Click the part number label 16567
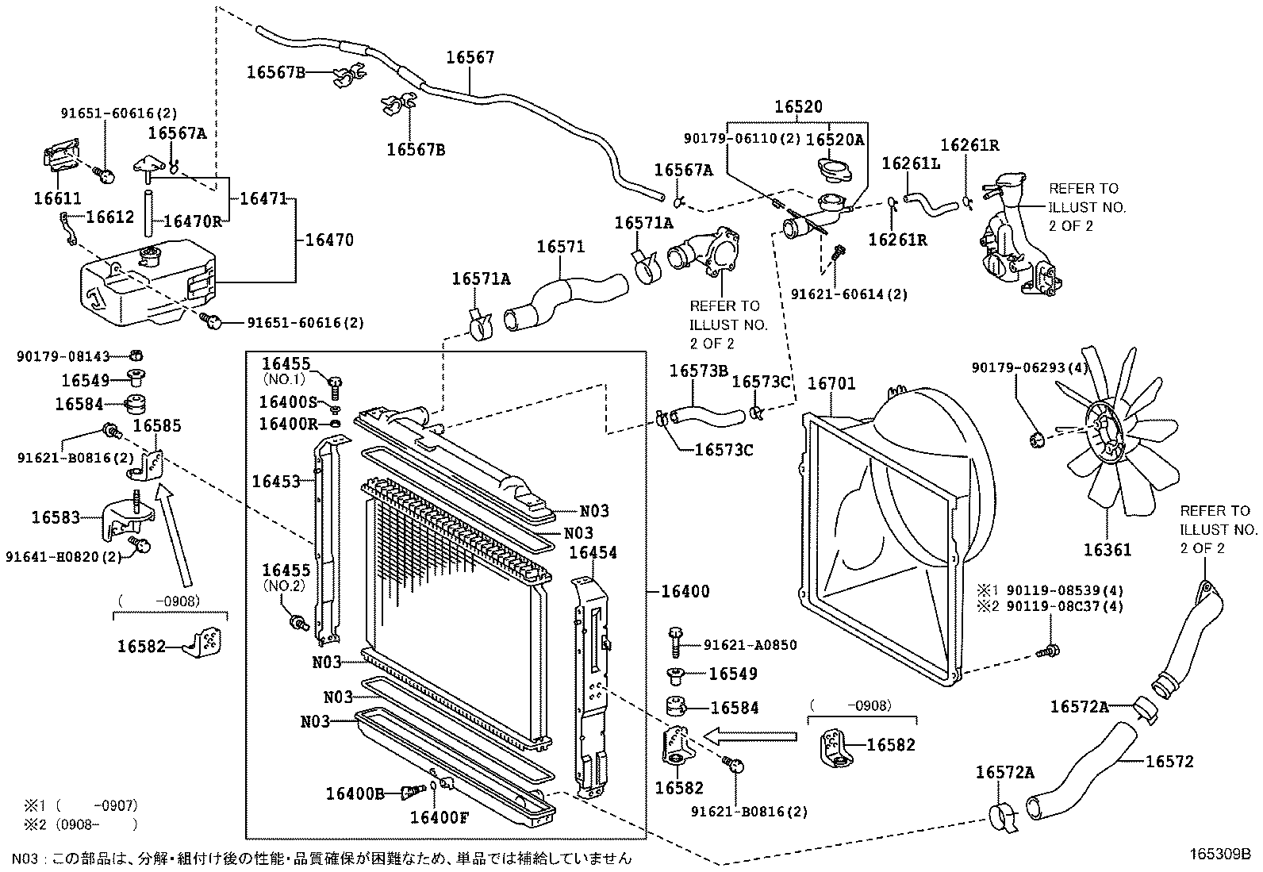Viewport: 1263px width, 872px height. click(470, 57)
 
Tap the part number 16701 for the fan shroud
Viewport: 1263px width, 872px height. click(831, 384)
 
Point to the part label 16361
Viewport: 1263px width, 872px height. click(1107, 550)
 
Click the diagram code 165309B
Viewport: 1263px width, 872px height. click(1219, 855)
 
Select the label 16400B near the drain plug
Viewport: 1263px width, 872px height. click(355, 793)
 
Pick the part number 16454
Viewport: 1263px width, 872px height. click(593, 552)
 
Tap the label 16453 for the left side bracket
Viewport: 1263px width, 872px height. click(276, 481)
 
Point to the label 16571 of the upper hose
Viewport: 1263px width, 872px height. click(560, 247)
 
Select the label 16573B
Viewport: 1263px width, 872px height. click(698, 371)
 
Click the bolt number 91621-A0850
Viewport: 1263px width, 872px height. click(750, 646)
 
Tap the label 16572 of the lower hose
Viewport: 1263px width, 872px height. click(1169, 761)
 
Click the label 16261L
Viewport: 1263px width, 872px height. click(911, 163)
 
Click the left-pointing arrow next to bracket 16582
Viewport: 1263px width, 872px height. click(750, 736)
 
